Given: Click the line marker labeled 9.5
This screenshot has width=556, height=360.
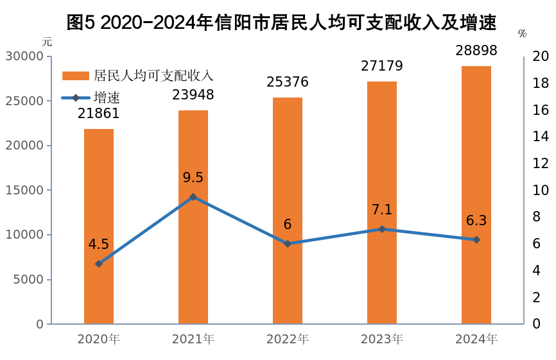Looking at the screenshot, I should [193, 197].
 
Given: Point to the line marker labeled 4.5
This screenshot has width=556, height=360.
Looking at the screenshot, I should [99, 264].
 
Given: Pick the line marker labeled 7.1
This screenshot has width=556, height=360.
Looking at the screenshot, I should [382, 229].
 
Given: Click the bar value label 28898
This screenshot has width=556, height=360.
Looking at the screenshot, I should [476, 51].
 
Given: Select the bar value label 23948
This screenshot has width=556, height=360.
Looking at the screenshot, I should [193, 95].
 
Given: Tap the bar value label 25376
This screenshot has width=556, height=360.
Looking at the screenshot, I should [288, 82].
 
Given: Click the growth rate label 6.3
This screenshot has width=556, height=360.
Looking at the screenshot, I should [476, 221].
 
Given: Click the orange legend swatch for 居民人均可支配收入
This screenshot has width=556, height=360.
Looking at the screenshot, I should [75, 76].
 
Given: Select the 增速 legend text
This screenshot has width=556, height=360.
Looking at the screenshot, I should [107, 98].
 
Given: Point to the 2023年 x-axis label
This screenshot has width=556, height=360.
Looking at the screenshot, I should [382, 339].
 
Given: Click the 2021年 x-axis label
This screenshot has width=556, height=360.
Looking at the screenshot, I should [193, 339].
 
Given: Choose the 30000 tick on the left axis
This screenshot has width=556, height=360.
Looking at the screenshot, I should [24, 56].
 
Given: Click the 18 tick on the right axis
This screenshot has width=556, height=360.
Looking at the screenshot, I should [541, 83].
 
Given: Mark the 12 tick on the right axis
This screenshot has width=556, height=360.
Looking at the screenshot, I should [541, 164].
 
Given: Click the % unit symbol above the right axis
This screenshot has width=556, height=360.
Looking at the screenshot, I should [522, 34].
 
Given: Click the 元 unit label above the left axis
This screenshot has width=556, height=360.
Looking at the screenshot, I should [47, 42].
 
